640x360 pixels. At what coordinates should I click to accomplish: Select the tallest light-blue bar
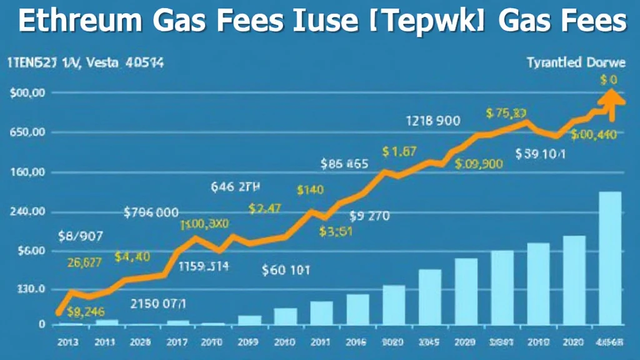[609, 257]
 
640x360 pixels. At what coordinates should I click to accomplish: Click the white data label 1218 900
[433, 121]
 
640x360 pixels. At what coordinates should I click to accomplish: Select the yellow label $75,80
[506, 113]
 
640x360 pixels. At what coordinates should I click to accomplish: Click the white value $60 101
[286, 270]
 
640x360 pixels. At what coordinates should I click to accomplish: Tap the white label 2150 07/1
[158, 304]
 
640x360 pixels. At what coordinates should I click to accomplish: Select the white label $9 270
[369, 217]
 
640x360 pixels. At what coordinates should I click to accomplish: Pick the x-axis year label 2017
[177, 342]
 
